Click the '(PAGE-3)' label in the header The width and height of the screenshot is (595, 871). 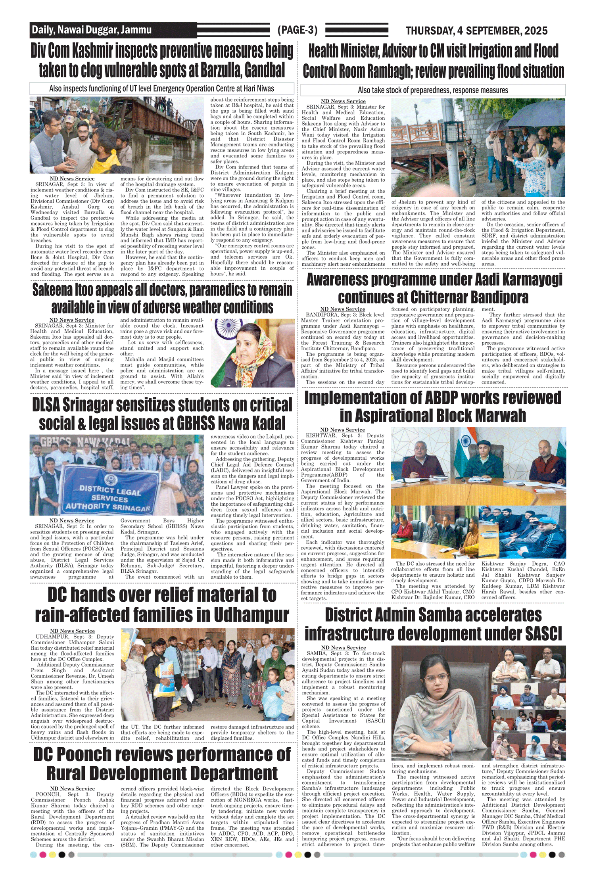297,30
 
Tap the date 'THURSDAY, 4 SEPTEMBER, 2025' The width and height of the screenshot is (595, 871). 476,31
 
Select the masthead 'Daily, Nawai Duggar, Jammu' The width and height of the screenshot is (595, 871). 92,30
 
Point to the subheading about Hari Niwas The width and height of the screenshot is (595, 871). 161,88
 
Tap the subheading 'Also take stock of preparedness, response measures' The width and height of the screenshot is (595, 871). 433,90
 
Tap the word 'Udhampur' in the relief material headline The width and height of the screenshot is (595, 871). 251,615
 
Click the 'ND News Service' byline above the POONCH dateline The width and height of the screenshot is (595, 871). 72,789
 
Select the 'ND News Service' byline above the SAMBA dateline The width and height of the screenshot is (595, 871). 343,648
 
